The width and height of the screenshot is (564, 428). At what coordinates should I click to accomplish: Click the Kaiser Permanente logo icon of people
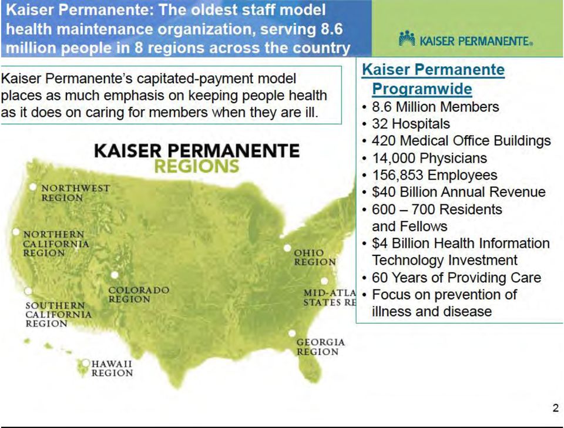(x=407, y=38)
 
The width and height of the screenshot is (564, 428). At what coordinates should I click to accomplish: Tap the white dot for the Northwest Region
(x=33, y=187)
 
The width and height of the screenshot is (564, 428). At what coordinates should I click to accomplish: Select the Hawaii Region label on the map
(x=112, y=368)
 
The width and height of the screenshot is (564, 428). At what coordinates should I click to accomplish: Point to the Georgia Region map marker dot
(x=292, y=333)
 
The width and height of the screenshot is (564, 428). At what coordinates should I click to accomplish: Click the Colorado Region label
(x=139, y=295)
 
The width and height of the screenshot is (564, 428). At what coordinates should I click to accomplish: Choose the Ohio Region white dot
(x=287, y=248)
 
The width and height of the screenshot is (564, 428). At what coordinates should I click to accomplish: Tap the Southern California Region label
(x=58, y=315)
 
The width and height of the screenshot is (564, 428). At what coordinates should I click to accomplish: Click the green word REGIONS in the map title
(x=197, y=166)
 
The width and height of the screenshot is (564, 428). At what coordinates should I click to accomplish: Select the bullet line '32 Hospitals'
(x=411, y=124)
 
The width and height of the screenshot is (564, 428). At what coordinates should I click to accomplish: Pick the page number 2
(x=556, y=408)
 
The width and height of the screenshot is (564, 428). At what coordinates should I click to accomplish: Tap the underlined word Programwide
(x=422, y=89)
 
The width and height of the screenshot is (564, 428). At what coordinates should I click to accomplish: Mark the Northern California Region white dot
(x=16, y=232)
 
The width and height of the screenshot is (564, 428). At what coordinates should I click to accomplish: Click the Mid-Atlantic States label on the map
(x=330, y=298)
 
